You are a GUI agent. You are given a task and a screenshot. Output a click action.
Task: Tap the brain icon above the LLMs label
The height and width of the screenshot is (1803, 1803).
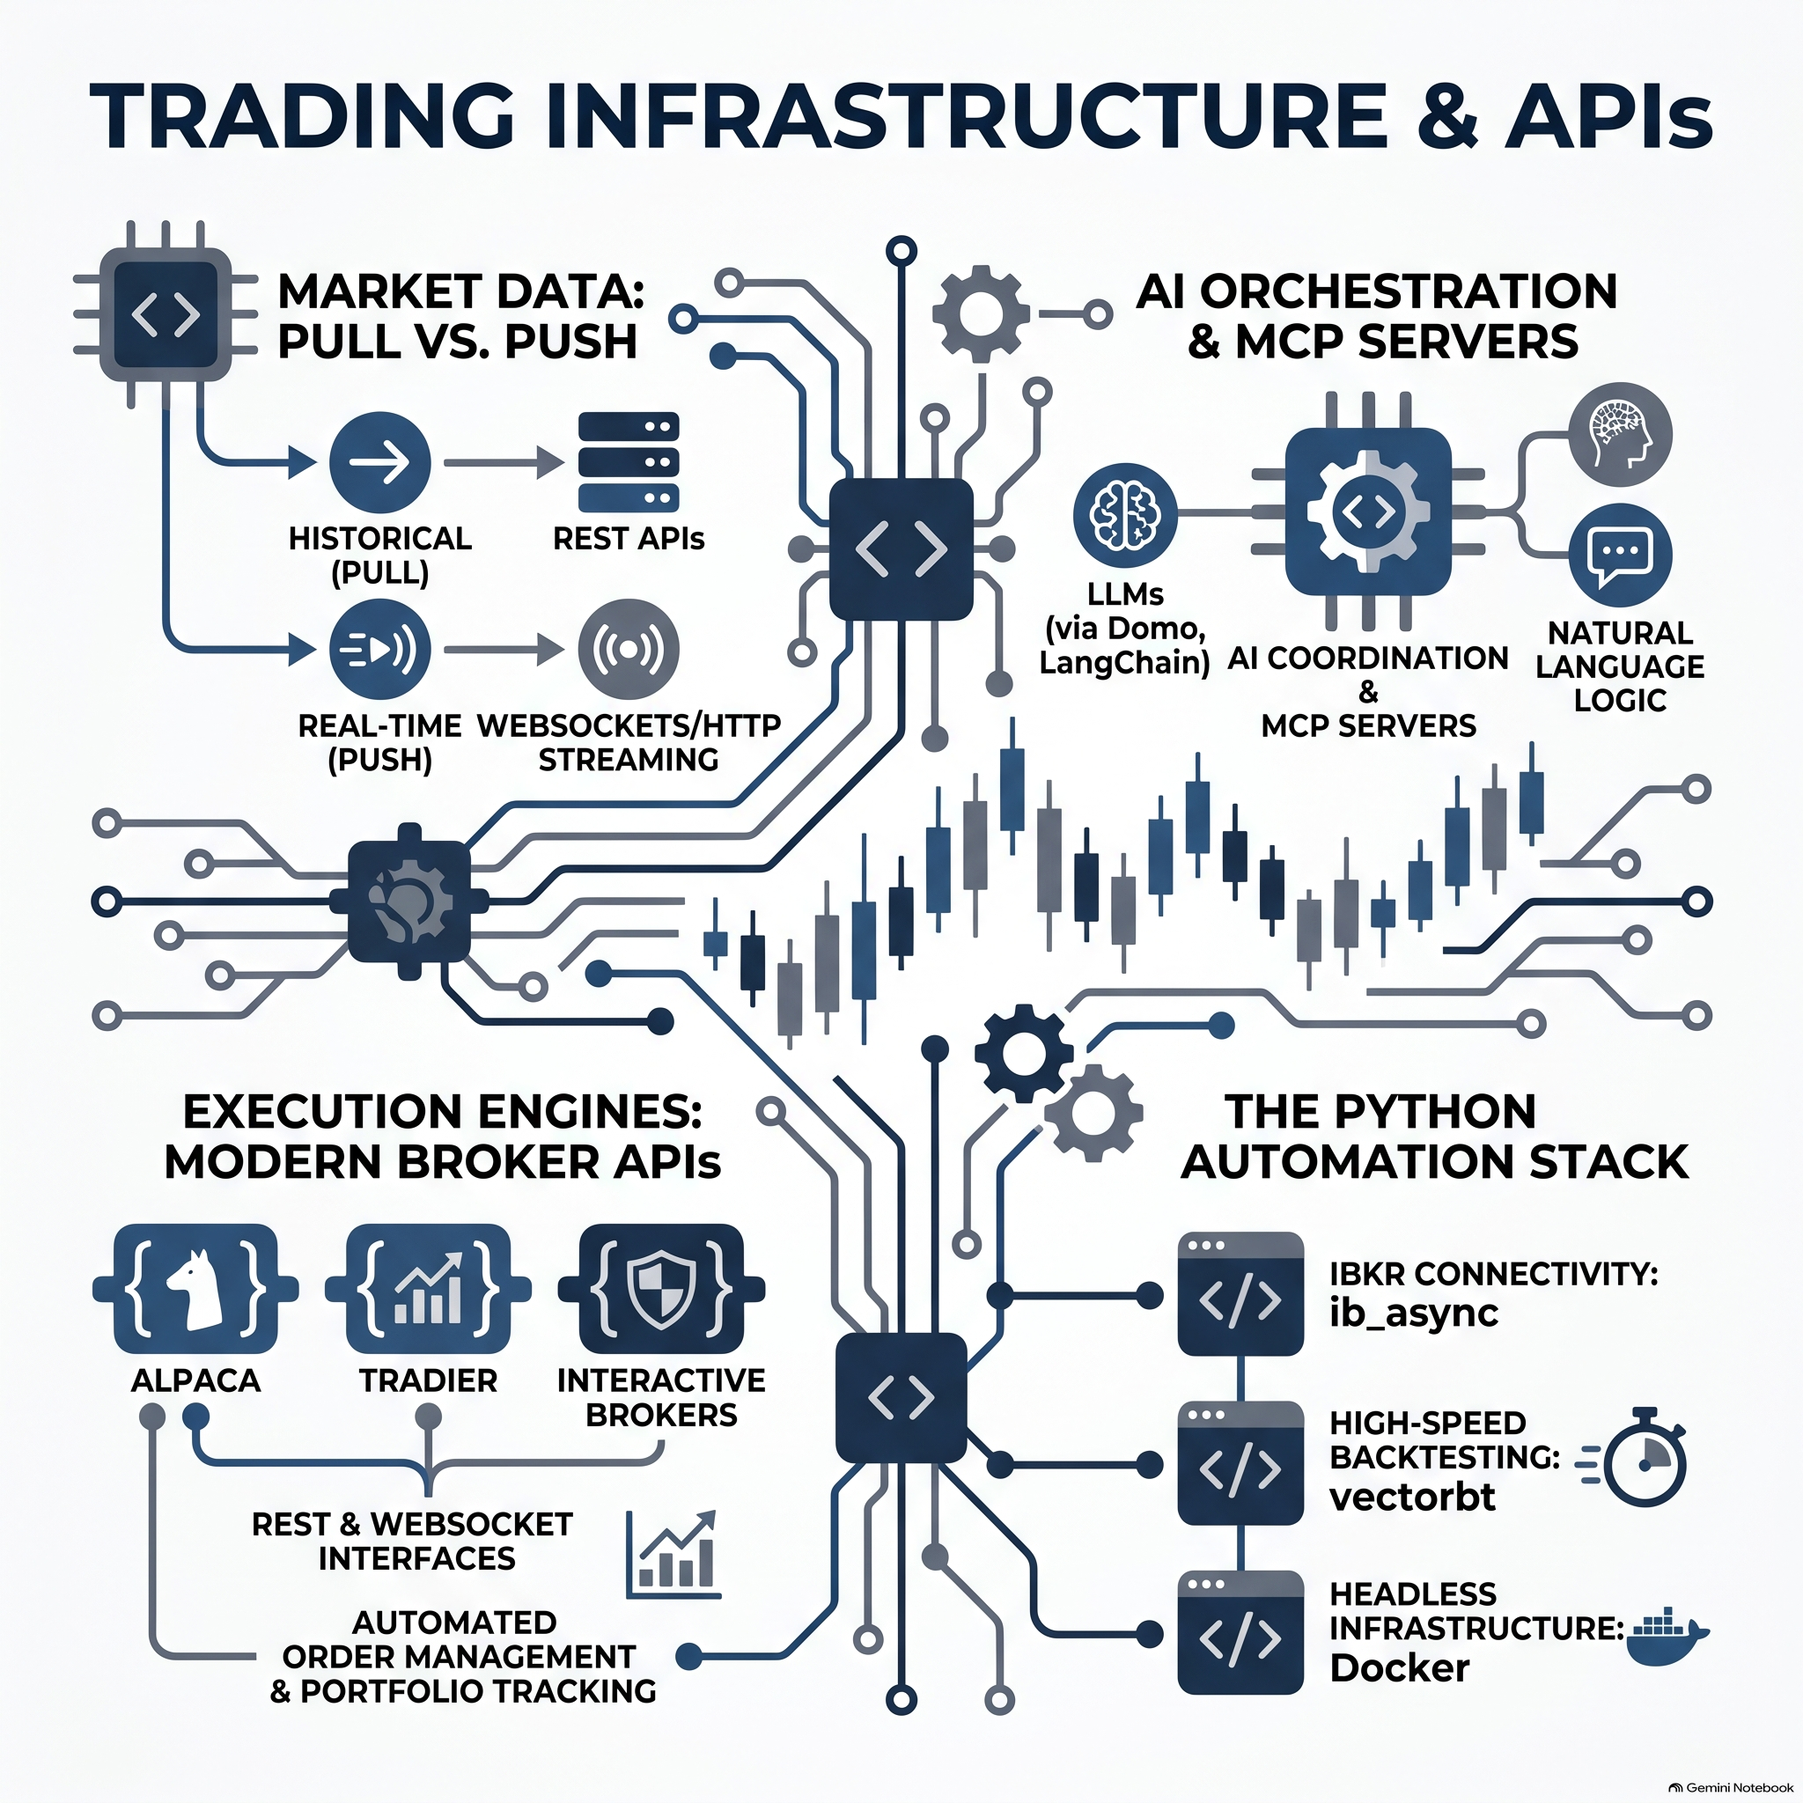(x=1125, y=514)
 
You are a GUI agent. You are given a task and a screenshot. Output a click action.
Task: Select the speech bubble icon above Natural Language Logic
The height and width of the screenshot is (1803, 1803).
(x=1620, y=556)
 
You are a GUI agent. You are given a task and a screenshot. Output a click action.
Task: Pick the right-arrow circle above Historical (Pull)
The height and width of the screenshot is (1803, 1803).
(x=380, y=463)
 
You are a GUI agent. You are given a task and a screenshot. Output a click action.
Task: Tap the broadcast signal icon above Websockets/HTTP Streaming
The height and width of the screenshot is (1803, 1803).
(x=629, y=649)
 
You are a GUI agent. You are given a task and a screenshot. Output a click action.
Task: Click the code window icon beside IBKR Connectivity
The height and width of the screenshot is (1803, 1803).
(x=1240, y=1294)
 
